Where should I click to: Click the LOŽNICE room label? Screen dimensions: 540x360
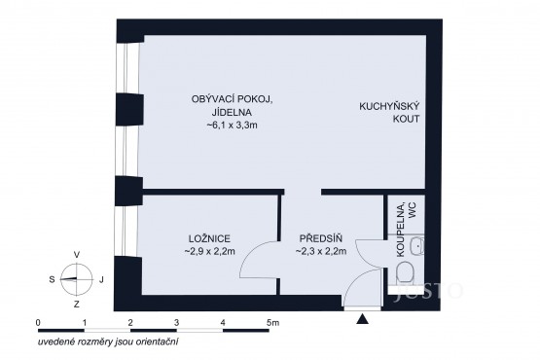(x=209, y=238)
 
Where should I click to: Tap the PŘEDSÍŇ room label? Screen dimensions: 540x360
(x=321, y=238)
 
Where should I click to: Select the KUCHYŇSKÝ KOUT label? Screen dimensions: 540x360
(x=389, y=113)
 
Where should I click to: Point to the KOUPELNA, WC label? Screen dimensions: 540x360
(x=406, y=230)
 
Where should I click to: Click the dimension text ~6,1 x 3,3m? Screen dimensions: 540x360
(x=232, y=126)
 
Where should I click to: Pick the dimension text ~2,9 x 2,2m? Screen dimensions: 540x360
(x=210, y=252)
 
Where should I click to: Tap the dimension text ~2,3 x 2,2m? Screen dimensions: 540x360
(x=321, y=252)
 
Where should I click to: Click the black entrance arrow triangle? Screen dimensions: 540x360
(x=363, y=319)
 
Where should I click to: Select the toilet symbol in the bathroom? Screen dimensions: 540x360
(x=405, y=272)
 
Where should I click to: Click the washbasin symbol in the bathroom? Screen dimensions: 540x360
(x=417, y=246)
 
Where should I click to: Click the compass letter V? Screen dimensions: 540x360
(x=77, y=255)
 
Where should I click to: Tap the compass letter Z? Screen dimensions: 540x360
(x=77, y=305)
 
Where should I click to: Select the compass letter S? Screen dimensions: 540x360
(x=52, y=279)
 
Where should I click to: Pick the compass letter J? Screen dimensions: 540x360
(x=101, y=280)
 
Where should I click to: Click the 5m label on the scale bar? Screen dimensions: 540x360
(x=272, y=323)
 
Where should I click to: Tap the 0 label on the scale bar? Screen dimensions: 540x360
(x=38, y=323)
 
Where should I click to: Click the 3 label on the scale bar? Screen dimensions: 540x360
(x=177, y=323)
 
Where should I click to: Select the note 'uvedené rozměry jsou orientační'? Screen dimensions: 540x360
(x=108, y=342)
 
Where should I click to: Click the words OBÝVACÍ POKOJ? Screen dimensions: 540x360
(x=233, y=99)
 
